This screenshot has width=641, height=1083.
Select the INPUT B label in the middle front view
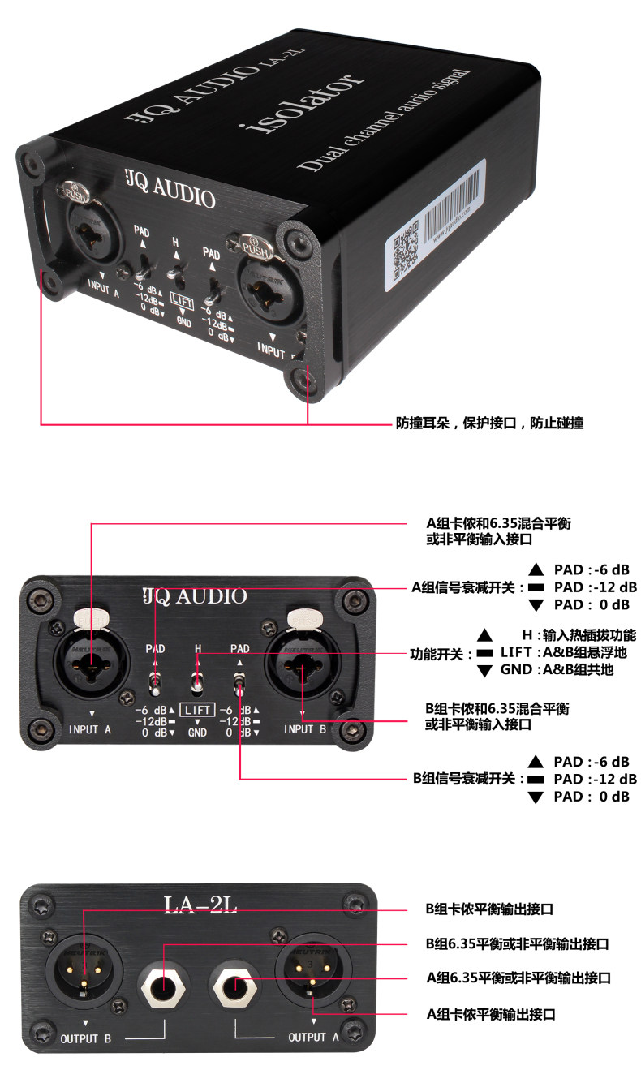(307, 728)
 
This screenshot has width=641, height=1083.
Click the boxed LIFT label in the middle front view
(198, 710)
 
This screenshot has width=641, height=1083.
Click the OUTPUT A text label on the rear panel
(313, 1037)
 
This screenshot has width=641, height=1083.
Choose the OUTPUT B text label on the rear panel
(85, 1038)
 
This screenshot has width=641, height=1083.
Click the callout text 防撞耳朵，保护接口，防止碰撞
(489, 423)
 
